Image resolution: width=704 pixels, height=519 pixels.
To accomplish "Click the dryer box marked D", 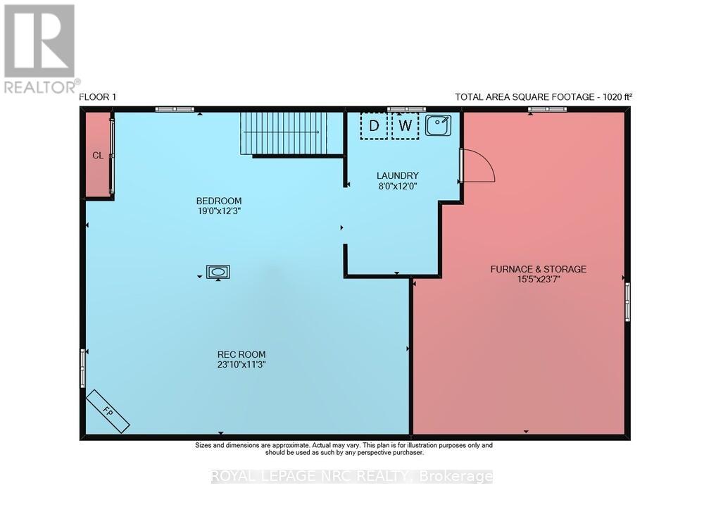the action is coord(374,126).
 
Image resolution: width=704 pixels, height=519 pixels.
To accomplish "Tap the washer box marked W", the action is coord(406,126).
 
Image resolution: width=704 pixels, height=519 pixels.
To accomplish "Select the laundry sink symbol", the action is coord(438,125).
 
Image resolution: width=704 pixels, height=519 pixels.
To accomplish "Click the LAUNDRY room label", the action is coord(398,175).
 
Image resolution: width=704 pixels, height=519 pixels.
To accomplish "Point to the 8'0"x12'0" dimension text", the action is coord(398,186).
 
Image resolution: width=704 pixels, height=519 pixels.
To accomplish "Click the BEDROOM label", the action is coord(219,201).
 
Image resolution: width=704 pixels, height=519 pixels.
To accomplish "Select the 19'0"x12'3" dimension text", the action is coord(220,211).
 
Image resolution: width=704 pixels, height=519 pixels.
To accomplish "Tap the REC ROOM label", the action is coord(241,354).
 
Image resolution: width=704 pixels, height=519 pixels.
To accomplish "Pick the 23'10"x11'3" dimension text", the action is coord(241,365).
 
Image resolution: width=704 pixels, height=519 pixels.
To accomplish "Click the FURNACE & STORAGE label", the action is coord(539,269).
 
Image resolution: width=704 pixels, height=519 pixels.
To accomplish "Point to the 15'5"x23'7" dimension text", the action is coord(539,280).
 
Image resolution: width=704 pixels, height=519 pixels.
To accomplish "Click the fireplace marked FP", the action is coord(108,411).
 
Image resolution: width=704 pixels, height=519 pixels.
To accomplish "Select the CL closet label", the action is coord(98,156).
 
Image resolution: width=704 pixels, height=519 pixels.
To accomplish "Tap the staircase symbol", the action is coord(289,133).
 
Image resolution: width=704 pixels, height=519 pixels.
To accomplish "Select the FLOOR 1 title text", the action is coord(97,96).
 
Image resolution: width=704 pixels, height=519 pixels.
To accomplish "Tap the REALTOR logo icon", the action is coord(39,42).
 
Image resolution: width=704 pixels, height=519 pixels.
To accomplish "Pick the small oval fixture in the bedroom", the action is coord(218,272).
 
